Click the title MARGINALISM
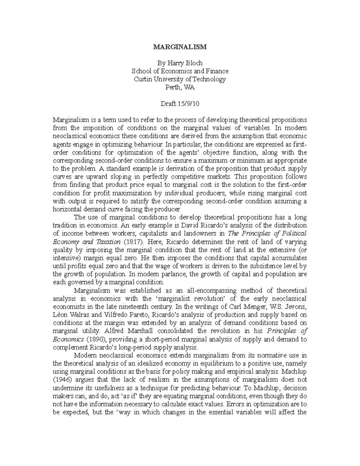180,47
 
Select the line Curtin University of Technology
180,79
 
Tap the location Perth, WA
180,87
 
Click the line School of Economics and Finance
180,71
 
